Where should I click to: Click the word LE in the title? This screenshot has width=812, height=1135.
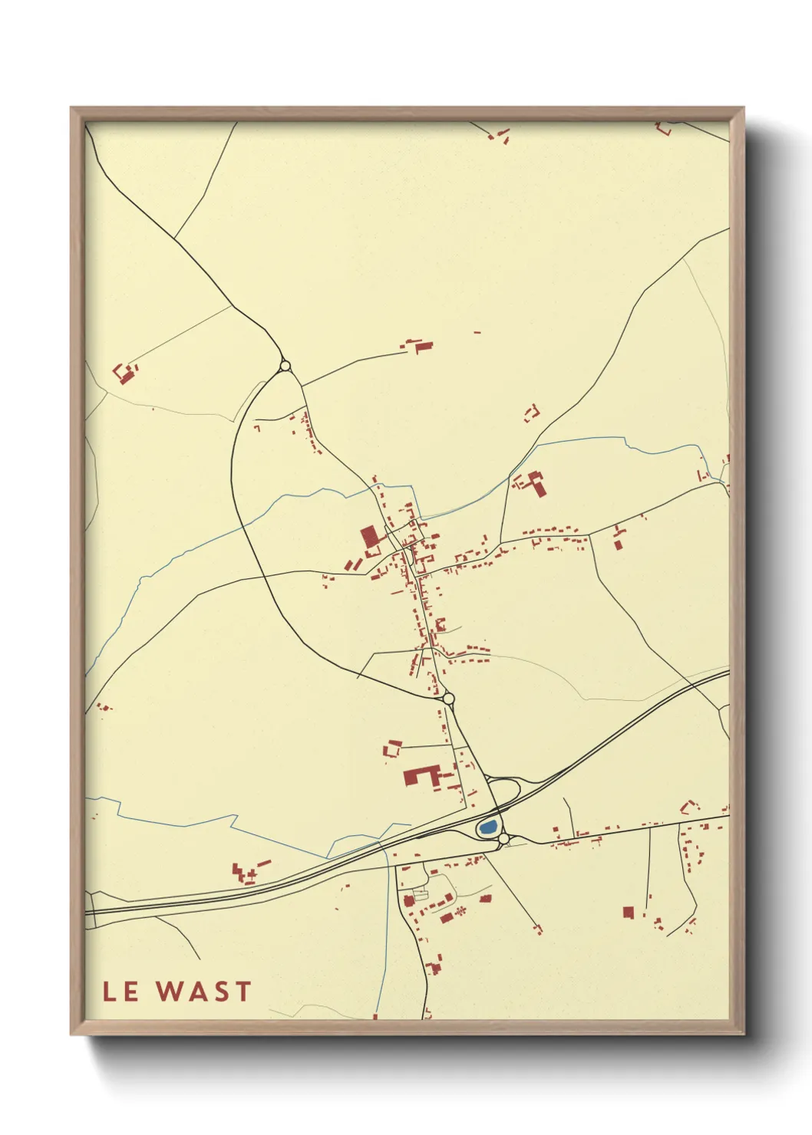(x=120, y=992)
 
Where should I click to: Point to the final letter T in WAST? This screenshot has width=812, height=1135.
(x=243, y=992)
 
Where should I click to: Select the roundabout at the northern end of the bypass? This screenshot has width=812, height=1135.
(x=286, y=366)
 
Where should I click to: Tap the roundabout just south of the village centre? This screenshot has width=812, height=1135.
(x=448, y=698)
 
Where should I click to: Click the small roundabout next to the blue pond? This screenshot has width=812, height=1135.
(x=503, y=841)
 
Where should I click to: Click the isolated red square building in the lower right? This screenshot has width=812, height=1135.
(x=628, y=912)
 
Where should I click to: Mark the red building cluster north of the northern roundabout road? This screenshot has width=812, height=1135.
(x=418, y=345)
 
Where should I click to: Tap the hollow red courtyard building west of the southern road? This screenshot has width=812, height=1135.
(x=393, y=748)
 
